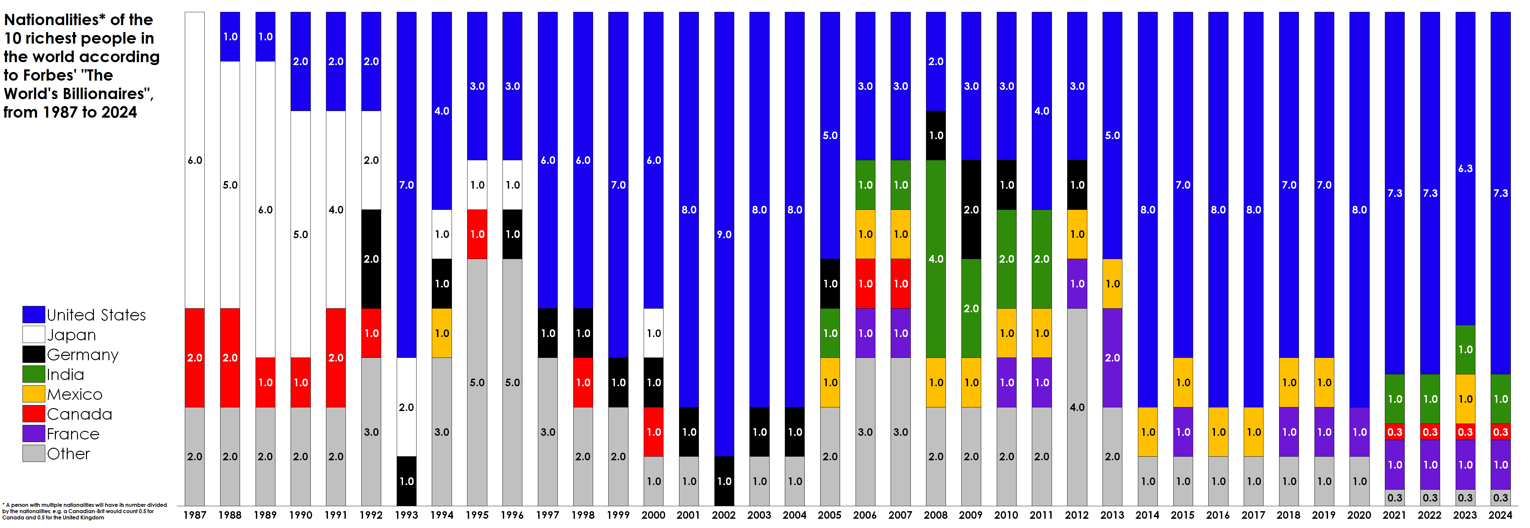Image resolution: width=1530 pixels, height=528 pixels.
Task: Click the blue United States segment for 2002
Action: [724, 234]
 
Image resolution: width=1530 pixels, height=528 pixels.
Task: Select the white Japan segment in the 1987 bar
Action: [195, 160]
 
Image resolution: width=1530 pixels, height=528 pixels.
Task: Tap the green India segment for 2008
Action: [936, 259]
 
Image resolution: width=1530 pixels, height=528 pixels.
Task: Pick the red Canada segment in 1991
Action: [336, 358]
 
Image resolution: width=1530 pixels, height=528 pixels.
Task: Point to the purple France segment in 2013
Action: [1112, 358]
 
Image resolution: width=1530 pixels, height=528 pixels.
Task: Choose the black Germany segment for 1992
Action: [371, 259]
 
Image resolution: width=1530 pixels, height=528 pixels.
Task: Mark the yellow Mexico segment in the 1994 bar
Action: [442, 333]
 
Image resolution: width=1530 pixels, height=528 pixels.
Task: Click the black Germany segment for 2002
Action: [724, 481]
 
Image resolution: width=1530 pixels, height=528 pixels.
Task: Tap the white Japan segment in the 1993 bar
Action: [406, 407]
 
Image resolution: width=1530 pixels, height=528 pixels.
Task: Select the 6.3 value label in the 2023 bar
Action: [1465, 169]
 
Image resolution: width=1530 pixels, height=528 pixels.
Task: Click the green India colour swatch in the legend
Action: [34, 374]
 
